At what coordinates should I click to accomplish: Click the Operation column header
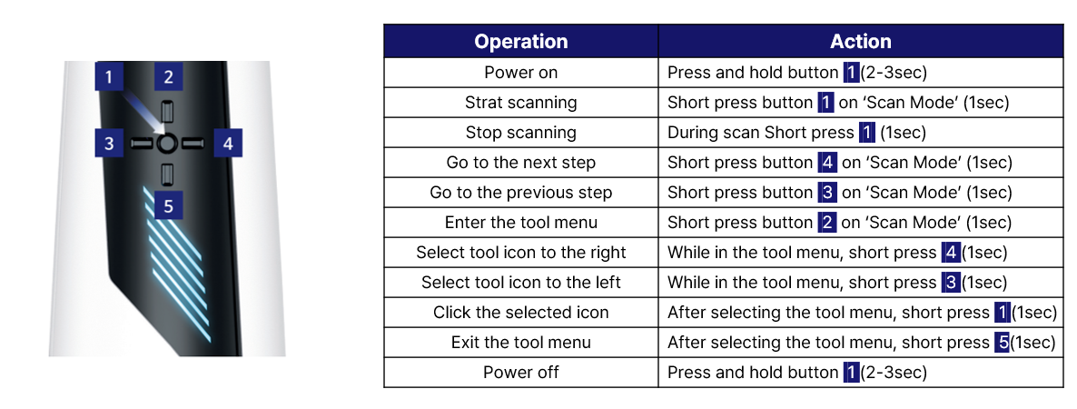[521, 42]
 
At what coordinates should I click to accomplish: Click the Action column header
[860, 42]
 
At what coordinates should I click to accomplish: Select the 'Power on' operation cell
[521, 73]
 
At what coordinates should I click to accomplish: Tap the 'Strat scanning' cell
[521, 103]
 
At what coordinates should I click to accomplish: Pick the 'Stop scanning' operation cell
[521, 133]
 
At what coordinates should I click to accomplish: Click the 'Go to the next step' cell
[521, 163]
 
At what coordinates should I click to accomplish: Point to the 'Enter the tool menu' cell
[521, 223]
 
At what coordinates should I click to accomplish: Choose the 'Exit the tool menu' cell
[521, 343]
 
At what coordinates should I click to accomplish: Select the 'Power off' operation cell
[521, 373]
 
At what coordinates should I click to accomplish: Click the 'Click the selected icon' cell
[521, 313]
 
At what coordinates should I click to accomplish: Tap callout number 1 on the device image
[109, 77]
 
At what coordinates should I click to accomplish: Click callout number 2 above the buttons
[168, 77]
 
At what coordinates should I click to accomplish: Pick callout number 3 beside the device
[109, 144]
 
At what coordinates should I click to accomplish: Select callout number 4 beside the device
[227, 144]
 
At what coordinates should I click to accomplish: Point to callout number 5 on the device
[168, 205]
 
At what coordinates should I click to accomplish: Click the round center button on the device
[167, 144]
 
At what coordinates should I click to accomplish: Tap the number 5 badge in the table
[1002, 343]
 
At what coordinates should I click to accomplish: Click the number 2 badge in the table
[825, 223]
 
